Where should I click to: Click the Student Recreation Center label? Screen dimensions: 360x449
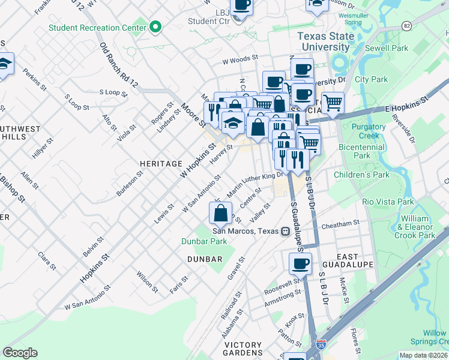97,28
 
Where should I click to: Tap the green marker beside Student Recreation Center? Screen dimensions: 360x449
155,27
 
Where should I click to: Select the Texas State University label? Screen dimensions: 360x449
324,41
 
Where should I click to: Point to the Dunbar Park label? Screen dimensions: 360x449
204,241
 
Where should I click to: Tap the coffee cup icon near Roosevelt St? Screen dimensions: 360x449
300,263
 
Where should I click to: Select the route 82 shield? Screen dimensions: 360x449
407,26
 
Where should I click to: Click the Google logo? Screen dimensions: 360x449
20,353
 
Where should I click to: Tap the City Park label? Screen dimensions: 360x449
371,79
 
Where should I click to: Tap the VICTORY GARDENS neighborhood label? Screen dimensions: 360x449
243,349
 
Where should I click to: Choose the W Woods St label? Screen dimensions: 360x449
240,60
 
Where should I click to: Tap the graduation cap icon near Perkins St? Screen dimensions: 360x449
5,64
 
